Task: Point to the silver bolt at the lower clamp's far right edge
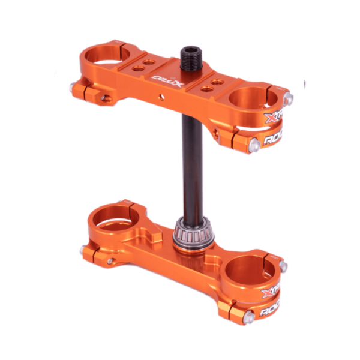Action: pos(283,266)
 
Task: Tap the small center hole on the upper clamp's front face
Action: pos(160,95)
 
